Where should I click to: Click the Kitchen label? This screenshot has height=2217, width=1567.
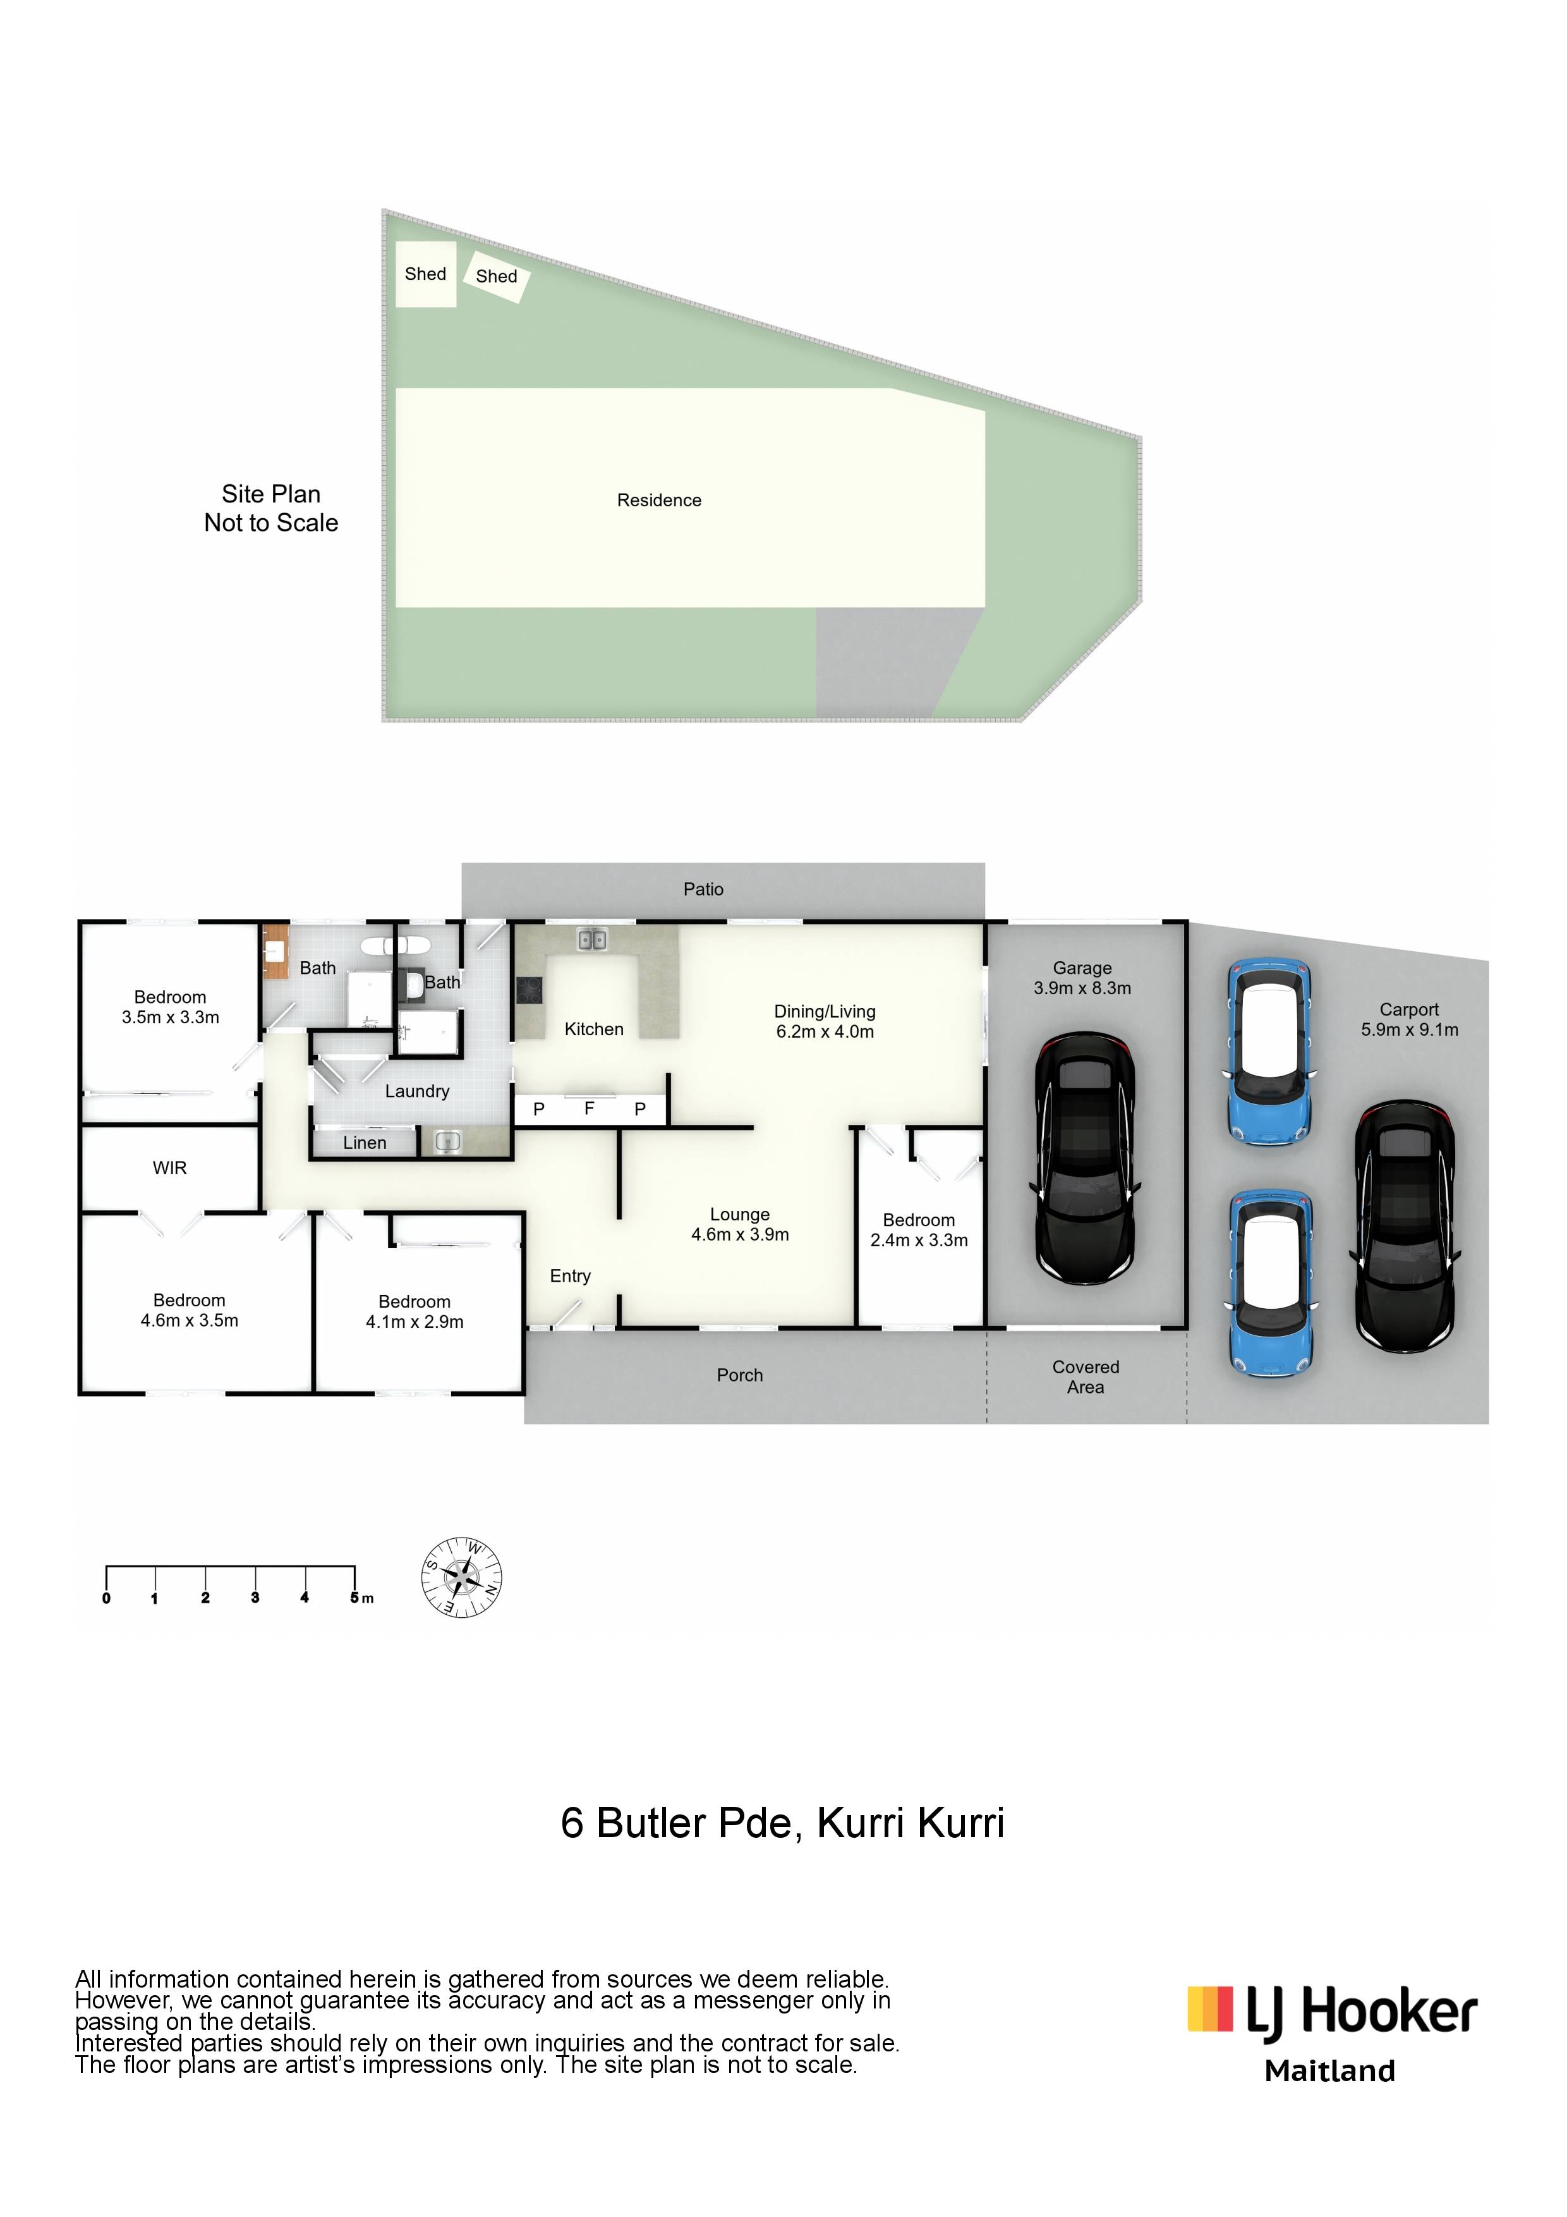[x=594, y=1030]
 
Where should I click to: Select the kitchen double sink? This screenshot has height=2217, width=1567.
[x=592, y=938]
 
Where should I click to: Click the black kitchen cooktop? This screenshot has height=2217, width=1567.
[x=529, y=991]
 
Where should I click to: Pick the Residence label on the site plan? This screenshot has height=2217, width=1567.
[x=660, y=500]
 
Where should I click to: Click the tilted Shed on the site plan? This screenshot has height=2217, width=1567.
[x=496, y=276]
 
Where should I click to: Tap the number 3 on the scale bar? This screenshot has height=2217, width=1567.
[x=255, y=1598]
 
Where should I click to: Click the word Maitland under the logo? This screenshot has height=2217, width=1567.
[x=1329, y=2070]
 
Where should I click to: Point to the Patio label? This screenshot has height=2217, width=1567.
[x=703, y=889]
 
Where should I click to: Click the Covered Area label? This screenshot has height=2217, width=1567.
[x=1086, y=1377]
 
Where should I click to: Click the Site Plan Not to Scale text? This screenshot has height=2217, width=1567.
[x=271, y=509]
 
